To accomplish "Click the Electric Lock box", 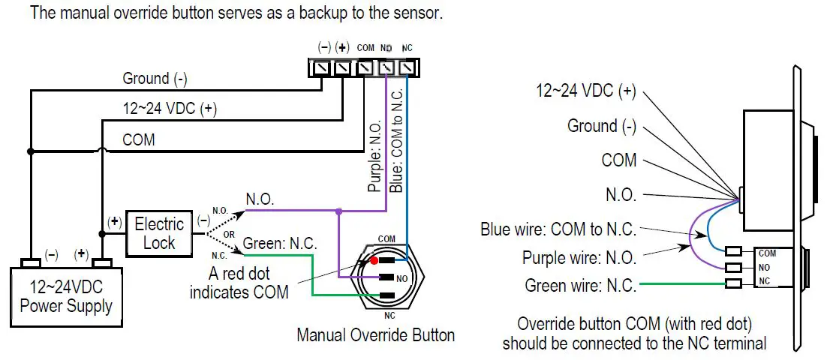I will click(158, 232).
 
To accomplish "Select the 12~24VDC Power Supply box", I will click(66, 296).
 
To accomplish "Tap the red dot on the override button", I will click(373, 261).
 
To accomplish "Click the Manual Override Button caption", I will click(375, 334).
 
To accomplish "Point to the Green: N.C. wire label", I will click(280, 244).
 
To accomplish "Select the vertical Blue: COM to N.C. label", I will click(397, 143).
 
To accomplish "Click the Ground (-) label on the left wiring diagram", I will click(155, 78).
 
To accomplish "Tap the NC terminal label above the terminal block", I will click(407, 48).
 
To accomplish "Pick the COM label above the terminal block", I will click(365, 48).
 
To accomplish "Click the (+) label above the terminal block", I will click(343, 47).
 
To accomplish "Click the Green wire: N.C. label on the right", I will click(580, 285).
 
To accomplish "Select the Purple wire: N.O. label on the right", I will click(579, 257).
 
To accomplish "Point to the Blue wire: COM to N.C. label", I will click(558, 229).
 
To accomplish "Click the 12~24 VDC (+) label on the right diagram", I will click(585, 91).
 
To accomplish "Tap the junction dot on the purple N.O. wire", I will click(339, 211).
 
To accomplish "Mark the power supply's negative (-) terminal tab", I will click(30, 263).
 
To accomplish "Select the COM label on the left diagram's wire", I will click(138, 139).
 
